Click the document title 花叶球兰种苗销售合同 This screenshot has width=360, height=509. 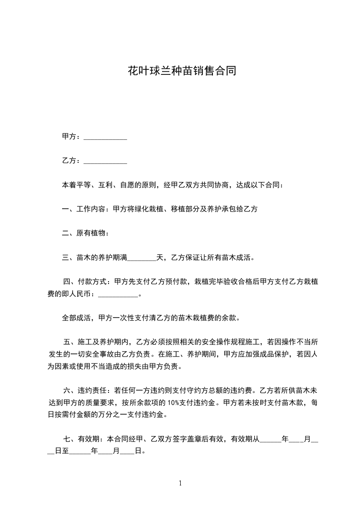pos(182,71)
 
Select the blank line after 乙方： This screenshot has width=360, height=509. pos(106,162)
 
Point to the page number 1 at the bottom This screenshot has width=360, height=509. pos(181,483)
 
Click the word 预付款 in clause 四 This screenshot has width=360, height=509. pos(179,282)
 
